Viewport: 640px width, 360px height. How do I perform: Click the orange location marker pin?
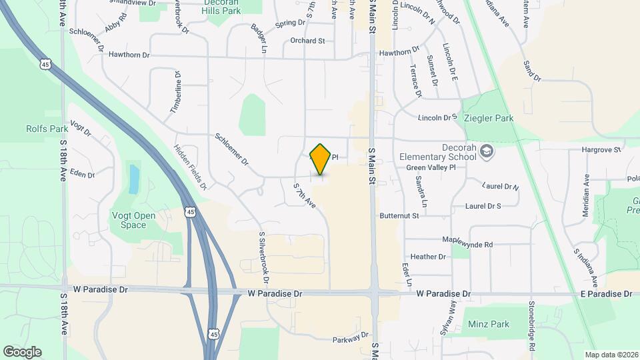coord(321,159)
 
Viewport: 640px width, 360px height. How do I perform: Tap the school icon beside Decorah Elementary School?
coord(487,151)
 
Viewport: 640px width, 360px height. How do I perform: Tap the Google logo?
coord(22,352)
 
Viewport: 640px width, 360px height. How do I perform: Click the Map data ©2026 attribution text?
coord(611,355)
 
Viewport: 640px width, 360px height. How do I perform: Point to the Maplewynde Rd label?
coord(467,244)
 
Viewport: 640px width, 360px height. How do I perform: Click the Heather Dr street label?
coord(428,257)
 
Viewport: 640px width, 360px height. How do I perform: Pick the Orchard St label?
coord(307,41)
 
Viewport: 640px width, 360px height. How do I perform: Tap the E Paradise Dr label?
coord(605,294)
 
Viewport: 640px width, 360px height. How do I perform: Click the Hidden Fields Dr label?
coord(190,167)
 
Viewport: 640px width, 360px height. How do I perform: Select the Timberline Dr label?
coord(177,91)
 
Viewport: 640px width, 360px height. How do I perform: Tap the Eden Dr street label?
coord(83,175)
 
